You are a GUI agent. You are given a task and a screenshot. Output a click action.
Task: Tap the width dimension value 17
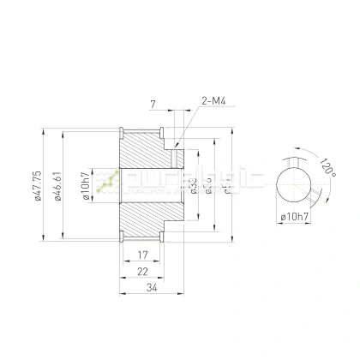(142, 255)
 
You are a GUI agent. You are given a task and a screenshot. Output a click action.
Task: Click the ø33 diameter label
(194, 185)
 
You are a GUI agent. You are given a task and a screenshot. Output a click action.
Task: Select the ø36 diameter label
(208, 185)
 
